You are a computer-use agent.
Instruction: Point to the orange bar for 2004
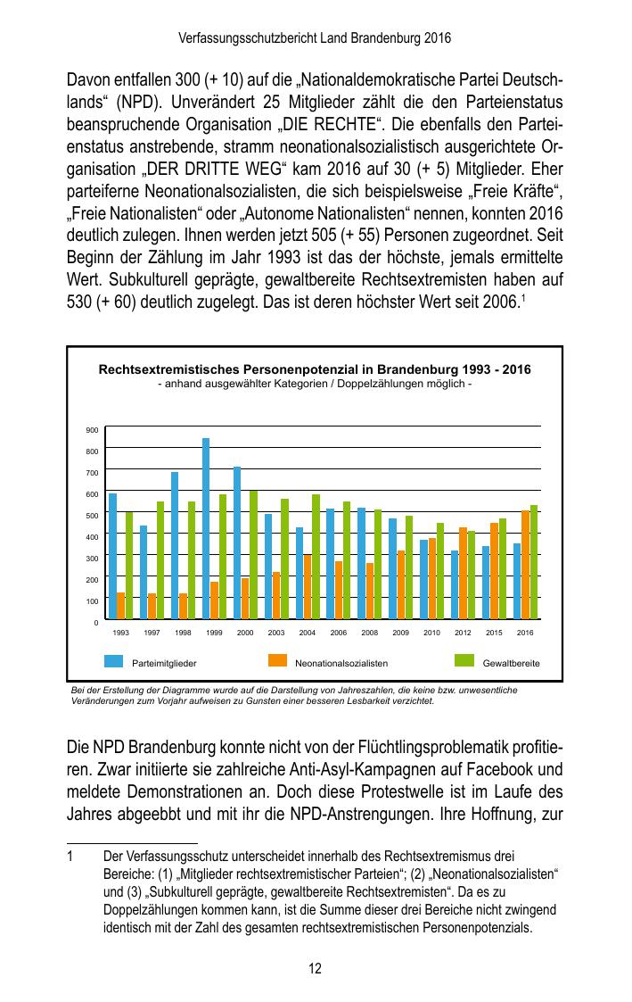tap(308, 586)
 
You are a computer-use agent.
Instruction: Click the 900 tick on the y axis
tap(92, 430)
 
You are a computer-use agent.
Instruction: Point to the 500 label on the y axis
tap(92, 516)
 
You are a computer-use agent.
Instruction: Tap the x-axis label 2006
tap(339, 632)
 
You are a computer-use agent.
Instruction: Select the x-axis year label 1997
tap(152, 632)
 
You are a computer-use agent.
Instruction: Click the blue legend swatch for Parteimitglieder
tap(114, 661)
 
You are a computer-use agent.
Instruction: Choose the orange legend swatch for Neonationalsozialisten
tap(278, 661)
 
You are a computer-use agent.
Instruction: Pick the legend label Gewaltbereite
tap(511, 664)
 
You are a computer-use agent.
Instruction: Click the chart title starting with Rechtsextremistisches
tap(315, 369)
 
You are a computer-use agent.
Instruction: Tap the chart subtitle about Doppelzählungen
tap(315, 384)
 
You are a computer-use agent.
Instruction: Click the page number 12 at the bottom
tap(316, 969)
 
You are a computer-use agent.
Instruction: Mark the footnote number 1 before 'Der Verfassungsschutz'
tap(70, 855)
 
